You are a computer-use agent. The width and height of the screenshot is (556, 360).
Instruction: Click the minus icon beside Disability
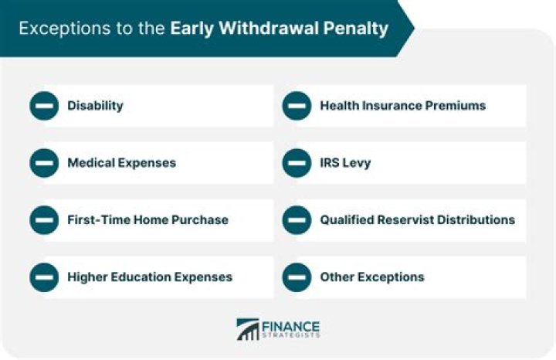pyautogui.click(x=44, y=106)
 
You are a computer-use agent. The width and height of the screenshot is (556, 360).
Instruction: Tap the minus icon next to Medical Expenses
pyautogui.click(x=44, y=163)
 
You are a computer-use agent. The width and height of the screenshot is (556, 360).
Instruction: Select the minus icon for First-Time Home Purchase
pyautogui.click(x=44, y=220)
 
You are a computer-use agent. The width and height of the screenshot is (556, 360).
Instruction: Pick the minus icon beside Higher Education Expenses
pyautogui.click(x=44, y=277)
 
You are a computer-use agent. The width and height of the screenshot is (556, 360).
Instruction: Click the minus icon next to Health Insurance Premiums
pyautogui.click(x=297, y=106)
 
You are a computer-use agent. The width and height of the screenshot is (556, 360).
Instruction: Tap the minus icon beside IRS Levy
pyautogui.click(x=297, y=163)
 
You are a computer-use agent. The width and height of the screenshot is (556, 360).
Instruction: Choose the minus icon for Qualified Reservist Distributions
pyautogui.click(x=297, y=220)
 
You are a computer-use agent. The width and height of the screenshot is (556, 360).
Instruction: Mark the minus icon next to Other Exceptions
pyautogui.click(x=297, y=277)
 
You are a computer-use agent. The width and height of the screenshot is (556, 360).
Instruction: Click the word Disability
pyautogui.click(x=95, y=106)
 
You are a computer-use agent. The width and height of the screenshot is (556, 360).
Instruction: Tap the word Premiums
pyautogui.click(x=456, y=106)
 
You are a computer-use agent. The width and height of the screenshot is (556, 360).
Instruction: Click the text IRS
pyautogui.click(x=331, y=163)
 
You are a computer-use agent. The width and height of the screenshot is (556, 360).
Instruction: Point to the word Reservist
pyautogui.click(x=405, y=220)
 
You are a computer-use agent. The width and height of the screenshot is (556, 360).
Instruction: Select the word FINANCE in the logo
pyautogui.click(x=291, y=325)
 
